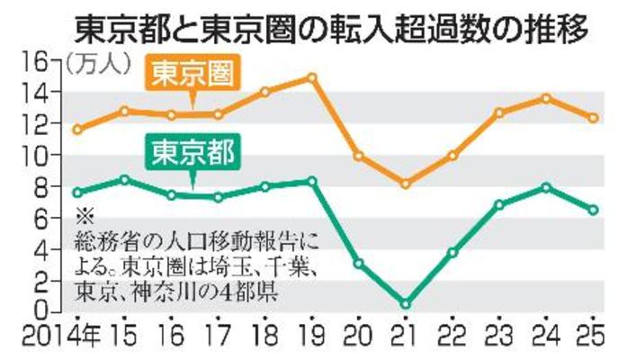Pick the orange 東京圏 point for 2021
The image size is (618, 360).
pyautogui.click(x=406, y=184)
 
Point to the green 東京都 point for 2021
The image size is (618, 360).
pyautogui.click(x=406, y=303)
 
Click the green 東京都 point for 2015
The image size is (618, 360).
pyautogui.click(x=124, y=180)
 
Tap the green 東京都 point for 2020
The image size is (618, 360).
pyautogui.click(x=358, y=264)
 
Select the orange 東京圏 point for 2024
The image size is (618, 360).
pyautogui.click(x=546, y=97)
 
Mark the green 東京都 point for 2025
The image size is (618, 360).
pyautogui.click(x=593, y=210)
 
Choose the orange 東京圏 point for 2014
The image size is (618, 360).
pyautogui.click(x=78, y=129)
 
